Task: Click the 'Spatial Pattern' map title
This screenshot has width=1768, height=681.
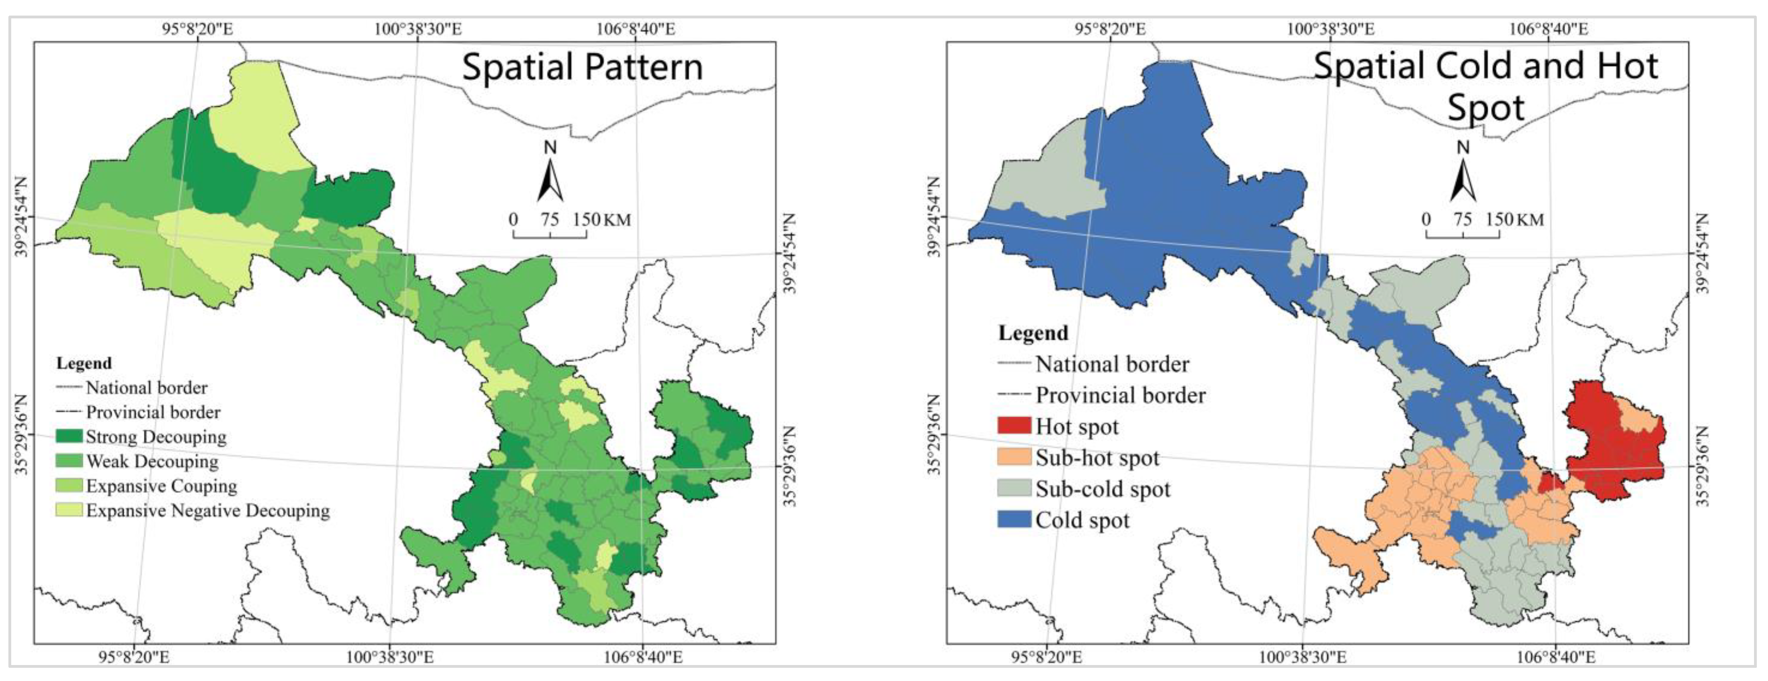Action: (582, 67)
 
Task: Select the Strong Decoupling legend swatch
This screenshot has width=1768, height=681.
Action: (69, 436)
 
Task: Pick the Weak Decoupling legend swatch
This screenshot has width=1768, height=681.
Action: (69, 461)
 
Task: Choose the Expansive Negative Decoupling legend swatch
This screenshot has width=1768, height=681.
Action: (69, 510)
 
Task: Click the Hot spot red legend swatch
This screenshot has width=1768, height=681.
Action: (1014, 426)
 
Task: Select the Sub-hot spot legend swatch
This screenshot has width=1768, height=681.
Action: (1014, 457)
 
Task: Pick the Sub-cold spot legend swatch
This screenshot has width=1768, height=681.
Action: (1014, 488)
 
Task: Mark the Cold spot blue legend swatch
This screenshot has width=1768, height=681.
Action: (1014, 519)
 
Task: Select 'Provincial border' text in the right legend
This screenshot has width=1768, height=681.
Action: (1120, 395)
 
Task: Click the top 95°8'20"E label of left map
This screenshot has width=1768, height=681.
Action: (198, 29)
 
